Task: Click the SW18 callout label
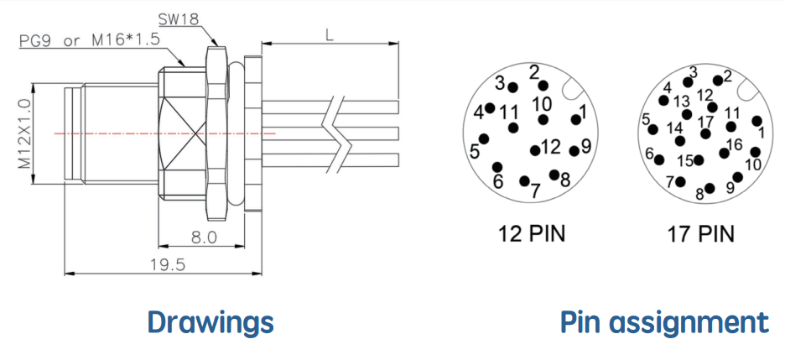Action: point(179,19)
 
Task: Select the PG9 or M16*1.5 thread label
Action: point(90,40)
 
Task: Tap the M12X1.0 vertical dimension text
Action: point(24,133)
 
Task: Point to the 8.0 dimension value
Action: point(204,237)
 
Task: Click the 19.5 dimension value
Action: point(168,264)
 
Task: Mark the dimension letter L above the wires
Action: point(330,35)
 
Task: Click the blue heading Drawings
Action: point(211,322)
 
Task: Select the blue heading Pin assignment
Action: point(664,323)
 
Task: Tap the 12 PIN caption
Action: point(531,233)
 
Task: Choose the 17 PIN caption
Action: point(700,234)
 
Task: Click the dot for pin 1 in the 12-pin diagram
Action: point(575,119)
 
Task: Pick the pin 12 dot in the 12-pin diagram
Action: point(535,150)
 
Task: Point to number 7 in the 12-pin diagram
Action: point(535,190)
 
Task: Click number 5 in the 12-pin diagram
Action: point(475,152)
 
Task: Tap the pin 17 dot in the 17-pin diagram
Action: point(705,133)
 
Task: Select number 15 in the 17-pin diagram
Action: point(685,161)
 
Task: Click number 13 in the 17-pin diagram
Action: point(681,102)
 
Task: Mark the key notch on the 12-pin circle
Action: point(572,90)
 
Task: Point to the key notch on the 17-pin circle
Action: point(747,90)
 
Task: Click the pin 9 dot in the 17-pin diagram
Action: point(737,177)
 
